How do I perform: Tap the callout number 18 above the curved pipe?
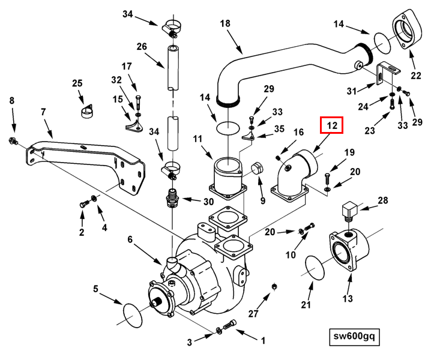point(225,24)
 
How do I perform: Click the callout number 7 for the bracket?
point(43,112)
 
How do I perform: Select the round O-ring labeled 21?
point(316,266)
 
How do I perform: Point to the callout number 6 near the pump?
point(129,239)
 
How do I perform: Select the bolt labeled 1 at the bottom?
point(231,326)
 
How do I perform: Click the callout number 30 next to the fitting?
point(209,201)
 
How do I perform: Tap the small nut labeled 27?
point(275,285)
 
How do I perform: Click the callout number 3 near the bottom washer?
point(189,343)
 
